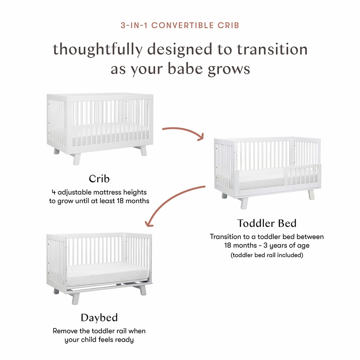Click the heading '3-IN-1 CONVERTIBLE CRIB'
[x=180, y=25]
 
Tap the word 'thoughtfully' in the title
[x=98, y=50]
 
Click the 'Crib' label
[x=99, y=179]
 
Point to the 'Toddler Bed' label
[x=267, y=223]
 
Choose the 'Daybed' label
[x=99, y=318]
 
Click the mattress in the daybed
[x=108, y=274]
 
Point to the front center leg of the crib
[x=77, y=159]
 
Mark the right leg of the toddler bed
[x=311, y=194]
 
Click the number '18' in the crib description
[x=120, y=201]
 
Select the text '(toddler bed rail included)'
[x=267, y=255]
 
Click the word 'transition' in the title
[x=272, y=49]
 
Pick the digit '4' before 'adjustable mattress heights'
[x=54, y=192]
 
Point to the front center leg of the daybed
[x=76, y=298]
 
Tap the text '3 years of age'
[x=286, y=245]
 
